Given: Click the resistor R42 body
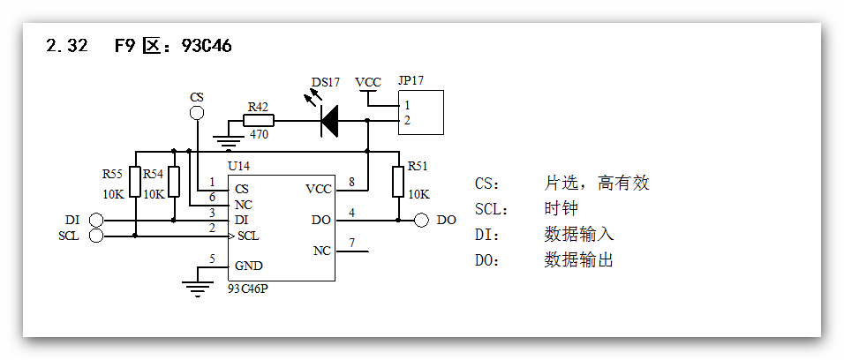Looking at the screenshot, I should [258, 121].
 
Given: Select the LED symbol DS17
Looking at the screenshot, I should [329, 121].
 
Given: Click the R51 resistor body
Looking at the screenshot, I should [398, 181].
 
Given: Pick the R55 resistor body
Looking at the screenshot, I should [135, 182].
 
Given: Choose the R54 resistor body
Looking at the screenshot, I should [174, 182].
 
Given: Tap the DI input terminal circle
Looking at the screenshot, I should [96, 220].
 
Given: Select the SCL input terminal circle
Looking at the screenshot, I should [96, 236].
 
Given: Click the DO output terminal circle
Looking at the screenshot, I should [421, 220].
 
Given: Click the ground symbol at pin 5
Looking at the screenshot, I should [196, 284].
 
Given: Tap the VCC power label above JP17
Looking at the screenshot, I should [368, 82].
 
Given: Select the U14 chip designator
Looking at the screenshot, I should [239, 166].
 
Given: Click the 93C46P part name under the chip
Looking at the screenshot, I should [248, 289].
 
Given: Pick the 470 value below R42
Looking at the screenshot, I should [259, 136].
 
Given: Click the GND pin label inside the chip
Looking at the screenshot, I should [248, 266].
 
